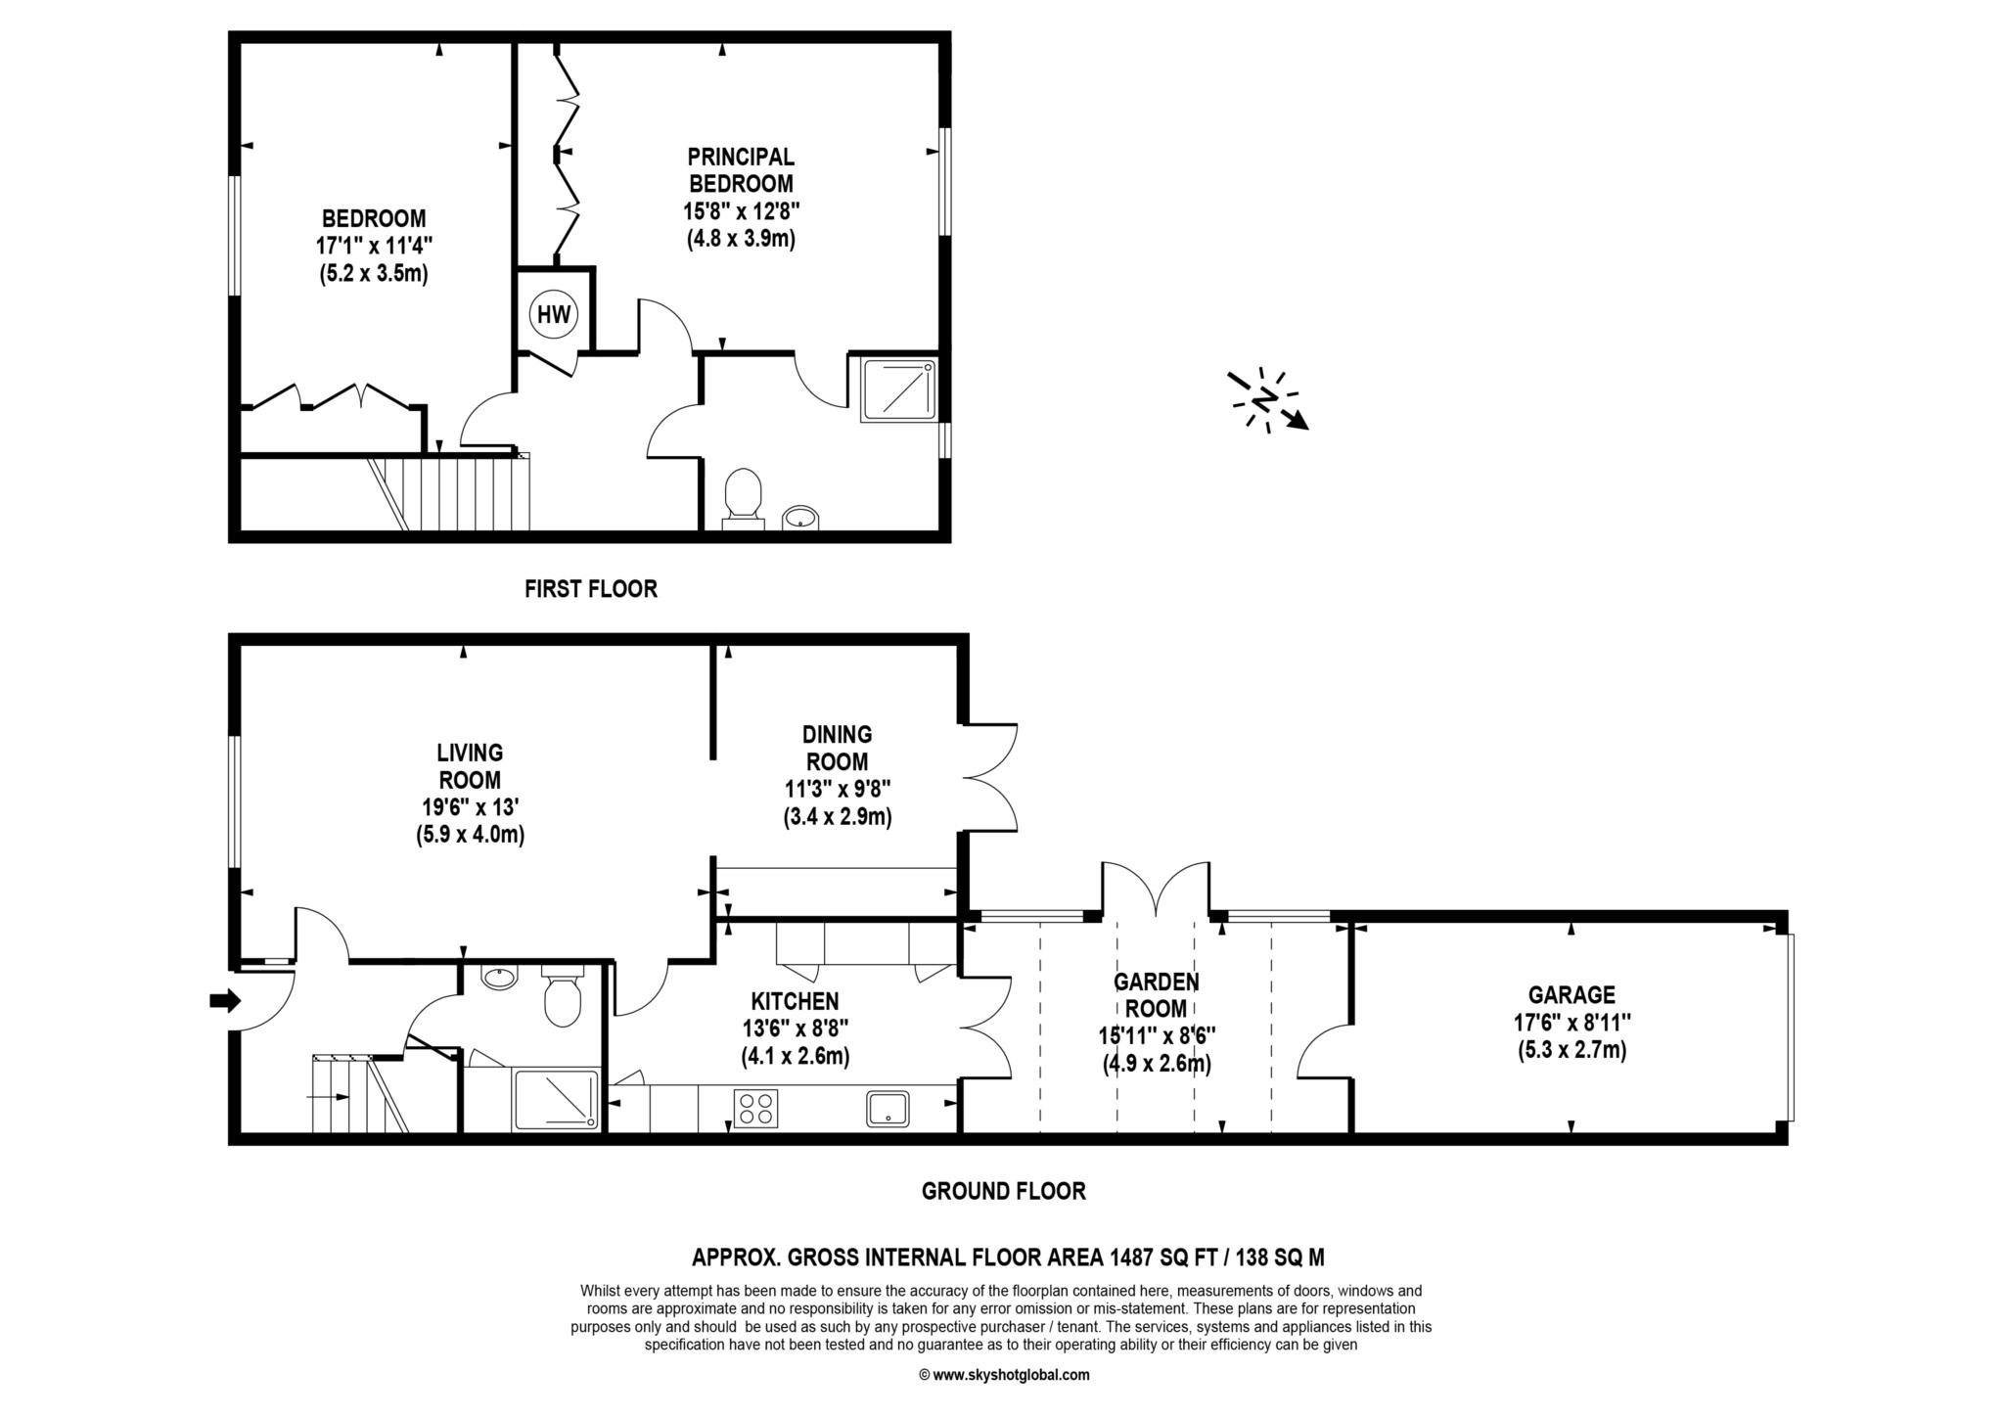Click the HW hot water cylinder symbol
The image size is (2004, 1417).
pyautogui.click(x=554, y=314)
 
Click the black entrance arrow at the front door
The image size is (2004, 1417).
pyautogui.click(x=225, y=1000)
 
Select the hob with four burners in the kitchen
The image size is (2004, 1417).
pyautogui.click(x=755, y=1109)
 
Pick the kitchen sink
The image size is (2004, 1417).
pyautogui.click(x=888, y=1109)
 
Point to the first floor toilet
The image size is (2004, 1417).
pyautogui.click(x=744, y=498)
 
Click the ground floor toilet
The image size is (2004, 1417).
pyautogui.click(x=562, y=995)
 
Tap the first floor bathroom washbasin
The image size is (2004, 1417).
pyautogui.click(x=801, y=517)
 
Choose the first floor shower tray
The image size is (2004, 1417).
pyautogui.click(x=898, y=389)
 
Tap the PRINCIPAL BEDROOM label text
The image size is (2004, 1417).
pyautogui.click(x=741, y=169)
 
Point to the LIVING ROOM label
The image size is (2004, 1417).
pyautogui.click(x=470, y=766)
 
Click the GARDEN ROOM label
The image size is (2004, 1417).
pyautogui.click(x=1157, y=994)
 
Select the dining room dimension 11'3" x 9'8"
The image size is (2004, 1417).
pyautogui.click(x=838, y=789)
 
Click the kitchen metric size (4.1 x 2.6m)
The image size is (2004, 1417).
pyautogui.click(x=795, y=1056)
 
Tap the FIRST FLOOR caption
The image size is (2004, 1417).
pyautogui.click(x=591, y=589)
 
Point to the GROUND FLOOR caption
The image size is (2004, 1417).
pyautogui.click(x=1004, y=1191)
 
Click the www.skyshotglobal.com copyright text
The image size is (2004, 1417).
pyautogui.click(x=1004, y=1375)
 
